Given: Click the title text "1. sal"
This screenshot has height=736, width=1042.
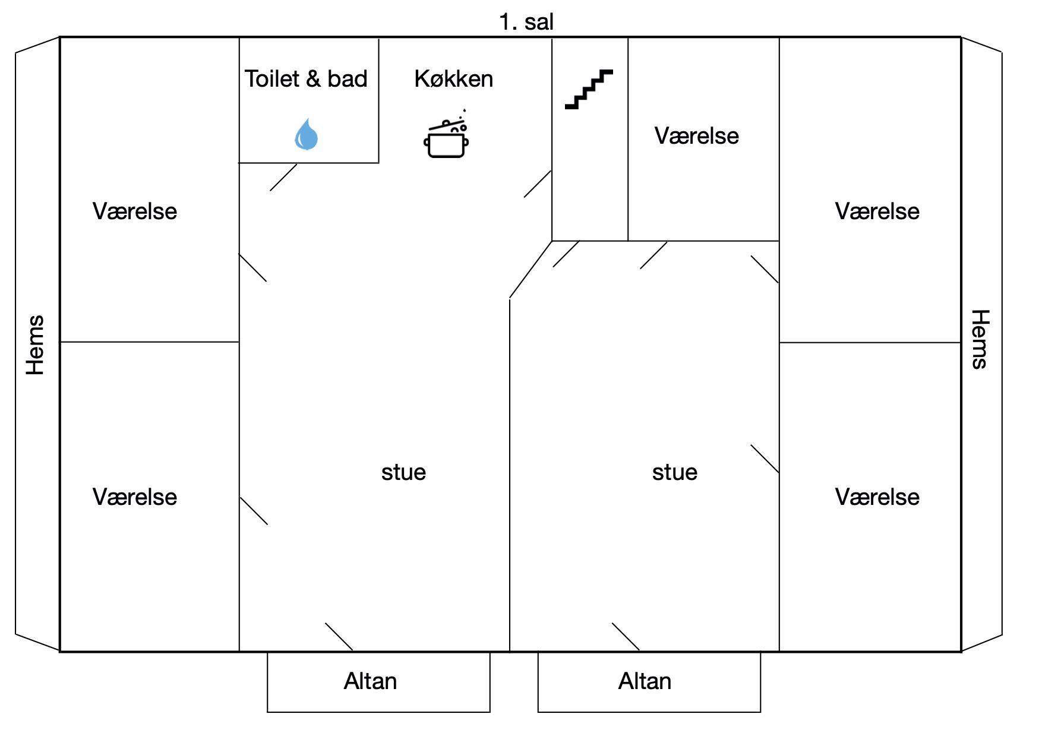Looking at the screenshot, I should coord(526,23).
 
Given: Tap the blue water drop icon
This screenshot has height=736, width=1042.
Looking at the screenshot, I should coord(307,134).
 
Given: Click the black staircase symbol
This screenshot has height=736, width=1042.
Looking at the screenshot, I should coord(589,90).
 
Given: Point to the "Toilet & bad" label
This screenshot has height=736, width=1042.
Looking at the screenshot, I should coord(306,79).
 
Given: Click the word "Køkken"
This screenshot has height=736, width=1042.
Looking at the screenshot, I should coord(454,79).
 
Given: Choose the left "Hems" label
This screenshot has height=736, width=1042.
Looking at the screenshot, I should coord(35,345).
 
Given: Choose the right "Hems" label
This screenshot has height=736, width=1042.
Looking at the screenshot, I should coord(980,339).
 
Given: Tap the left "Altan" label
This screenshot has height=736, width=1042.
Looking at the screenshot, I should coord(370,681).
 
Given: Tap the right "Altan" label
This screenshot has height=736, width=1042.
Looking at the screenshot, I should coord(645,681).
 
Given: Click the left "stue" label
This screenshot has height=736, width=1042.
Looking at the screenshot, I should coord(403,472).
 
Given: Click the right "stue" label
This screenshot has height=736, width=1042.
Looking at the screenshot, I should coord(674,472).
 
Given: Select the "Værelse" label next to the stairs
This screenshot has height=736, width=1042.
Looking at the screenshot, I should coord(697,136).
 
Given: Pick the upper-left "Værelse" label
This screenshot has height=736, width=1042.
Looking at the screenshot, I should coord(135,211).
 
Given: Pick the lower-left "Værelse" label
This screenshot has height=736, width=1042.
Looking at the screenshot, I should coord(135,497).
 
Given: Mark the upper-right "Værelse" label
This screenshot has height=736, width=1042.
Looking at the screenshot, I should coord(877,211).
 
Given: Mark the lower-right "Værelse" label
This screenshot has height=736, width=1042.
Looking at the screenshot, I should coord(877,497).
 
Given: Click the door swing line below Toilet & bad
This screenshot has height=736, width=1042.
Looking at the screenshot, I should coord(283,178).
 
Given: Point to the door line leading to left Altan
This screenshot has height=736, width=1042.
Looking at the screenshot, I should coord(339,637).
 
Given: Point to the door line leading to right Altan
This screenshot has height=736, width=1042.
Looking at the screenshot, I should coord(626,637).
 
